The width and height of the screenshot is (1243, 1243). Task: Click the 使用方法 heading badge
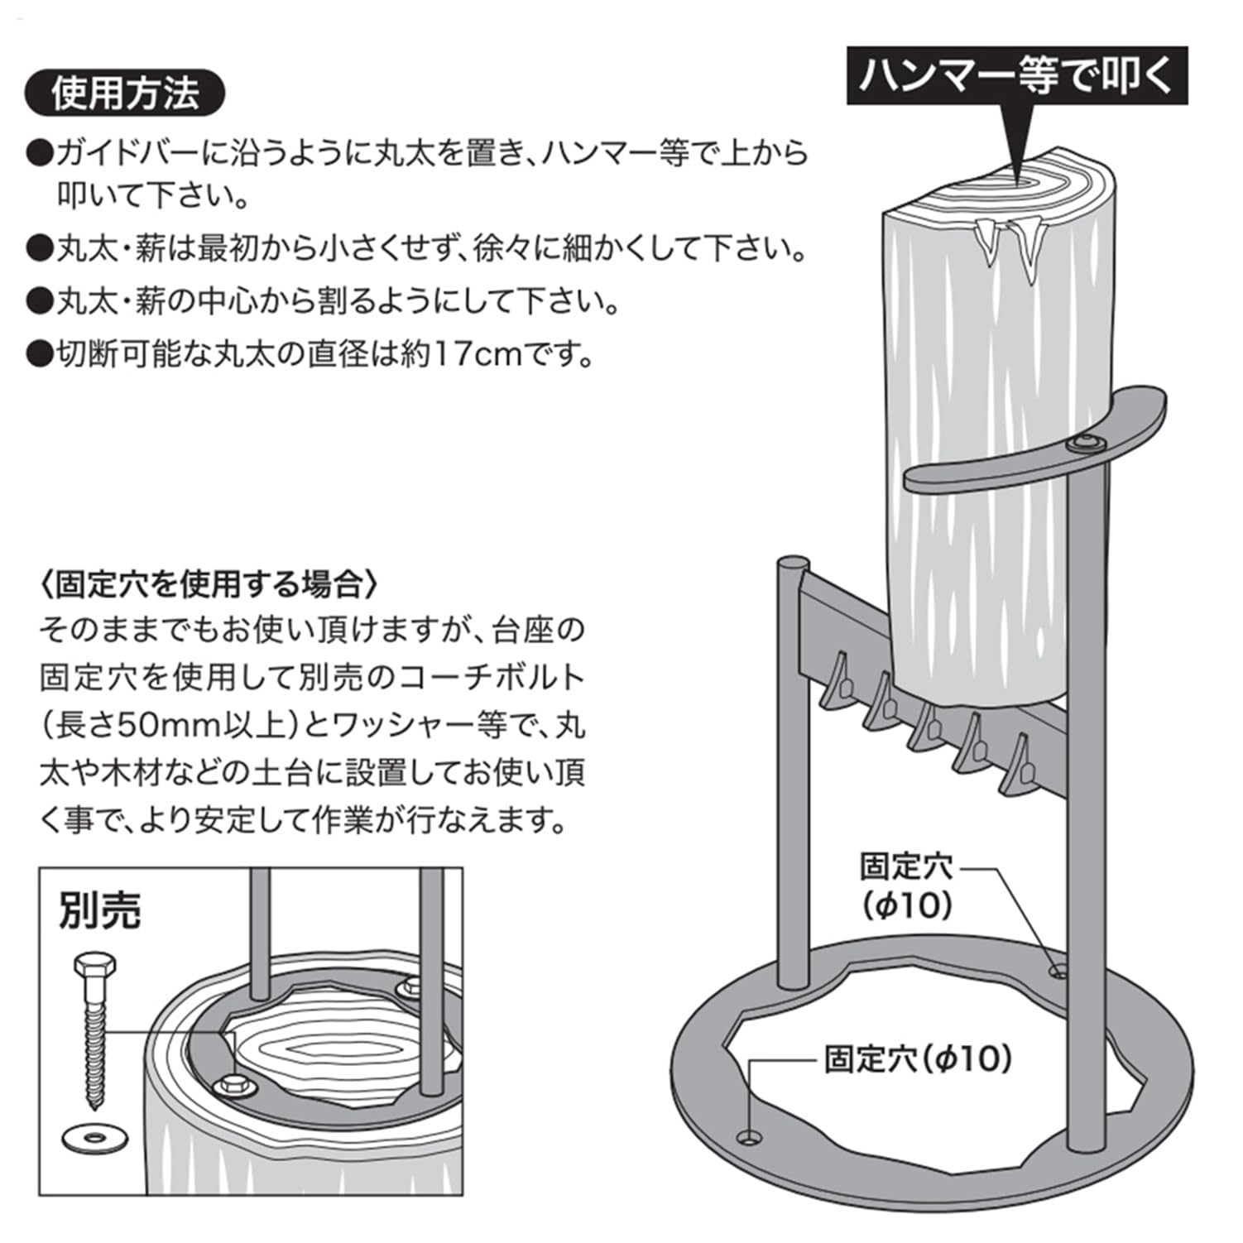tap(125, 94)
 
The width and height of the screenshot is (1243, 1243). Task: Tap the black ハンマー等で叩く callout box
tap(1016, 75)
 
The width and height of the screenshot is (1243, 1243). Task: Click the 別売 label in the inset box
tap(100, 910)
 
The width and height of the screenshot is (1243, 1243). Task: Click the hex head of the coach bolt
tap(94, 966)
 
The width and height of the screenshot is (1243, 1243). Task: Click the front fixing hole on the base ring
tap(751, 1137)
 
